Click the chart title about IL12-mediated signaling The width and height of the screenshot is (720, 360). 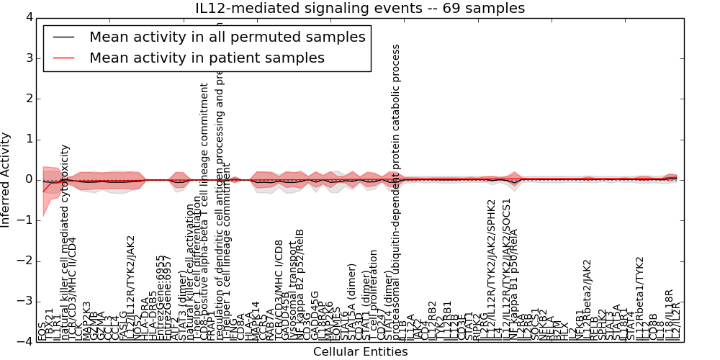[360, 9]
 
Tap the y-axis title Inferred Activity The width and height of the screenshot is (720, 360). [6, 179]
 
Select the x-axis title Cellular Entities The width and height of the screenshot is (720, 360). [360, 352]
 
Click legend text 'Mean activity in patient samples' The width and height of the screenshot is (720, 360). [207, 58]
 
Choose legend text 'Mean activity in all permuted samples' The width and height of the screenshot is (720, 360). [227, 37]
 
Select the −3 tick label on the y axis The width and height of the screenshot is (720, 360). [26, 302]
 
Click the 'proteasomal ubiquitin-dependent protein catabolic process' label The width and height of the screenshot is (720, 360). [395, 187]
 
